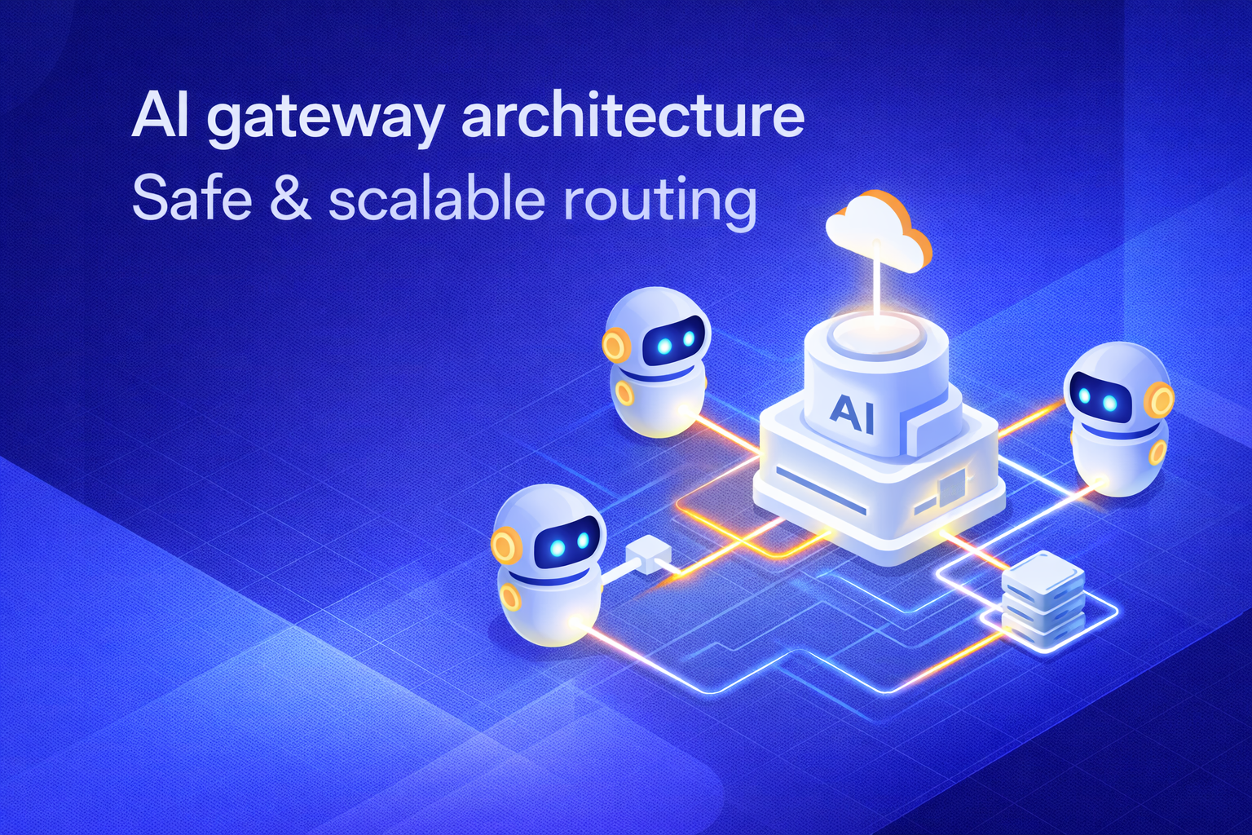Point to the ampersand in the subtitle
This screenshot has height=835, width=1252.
click(290, 199)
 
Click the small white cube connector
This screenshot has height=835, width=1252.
click(648, 554)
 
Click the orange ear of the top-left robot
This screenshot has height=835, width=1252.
click(615, 345)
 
